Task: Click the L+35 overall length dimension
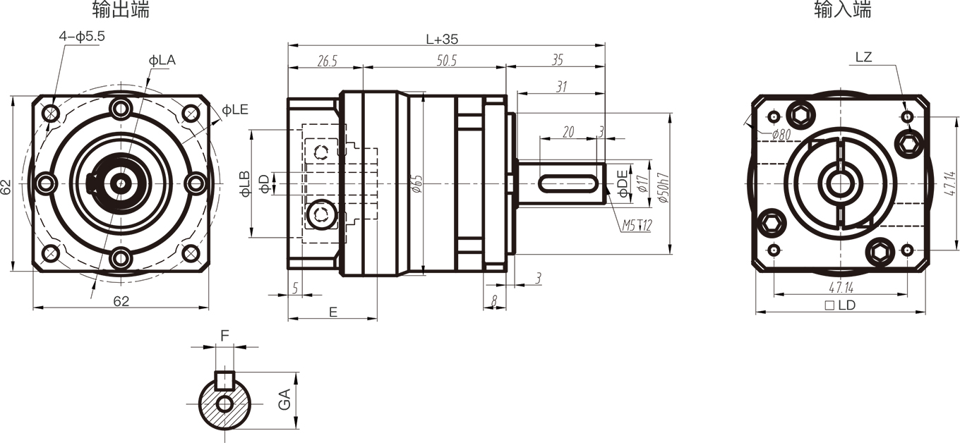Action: (442, 40)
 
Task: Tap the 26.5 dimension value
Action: (328, 61)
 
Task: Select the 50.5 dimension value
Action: (447, 61)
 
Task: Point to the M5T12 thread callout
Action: (637, 225)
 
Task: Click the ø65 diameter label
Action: (418, 183)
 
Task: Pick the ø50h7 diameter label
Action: (663, 188)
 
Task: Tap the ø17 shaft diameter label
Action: (642, 183)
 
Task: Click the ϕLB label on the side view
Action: (245, 184)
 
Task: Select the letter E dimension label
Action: (333, 312)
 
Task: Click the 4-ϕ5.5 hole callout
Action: (82, 37)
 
